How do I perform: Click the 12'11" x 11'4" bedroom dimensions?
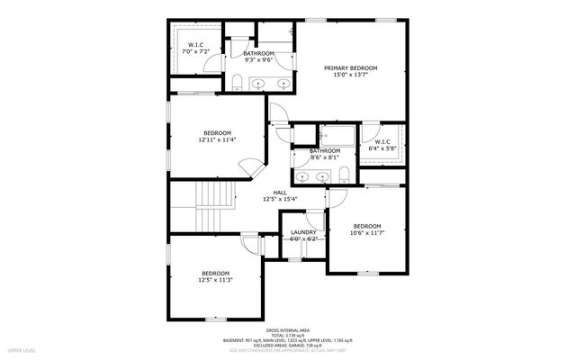217,139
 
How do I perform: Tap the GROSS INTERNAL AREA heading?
288,331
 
